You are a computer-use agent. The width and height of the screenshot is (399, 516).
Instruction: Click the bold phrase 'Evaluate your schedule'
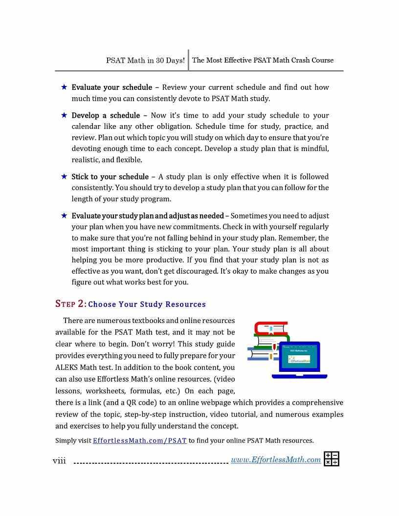tap(111, 87)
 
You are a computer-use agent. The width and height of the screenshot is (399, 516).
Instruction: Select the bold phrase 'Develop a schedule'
tap(106, 115)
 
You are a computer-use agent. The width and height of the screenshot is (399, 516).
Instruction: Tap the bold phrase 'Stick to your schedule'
tap(110, 176)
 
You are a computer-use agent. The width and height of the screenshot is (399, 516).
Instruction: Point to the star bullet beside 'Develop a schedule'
tap(64, 115)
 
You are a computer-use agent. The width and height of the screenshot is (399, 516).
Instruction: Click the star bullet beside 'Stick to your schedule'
tap(64, 176)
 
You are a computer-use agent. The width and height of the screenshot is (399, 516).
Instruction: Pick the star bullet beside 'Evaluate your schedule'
tap(64, 87)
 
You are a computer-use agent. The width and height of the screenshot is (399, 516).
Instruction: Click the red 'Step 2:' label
tap(71, 304)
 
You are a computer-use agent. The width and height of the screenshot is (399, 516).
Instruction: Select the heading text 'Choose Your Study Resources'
tap(147, 304)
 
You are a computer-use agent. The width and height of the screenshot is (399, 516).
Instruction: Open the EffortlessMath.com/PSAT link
tap(140, 440)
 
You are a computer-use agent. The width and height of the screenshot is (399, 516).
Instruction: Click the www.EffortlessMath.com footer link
tap(276, 460)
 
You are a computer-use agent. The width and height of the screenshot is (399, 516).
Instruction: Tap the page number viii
tap(59, 460)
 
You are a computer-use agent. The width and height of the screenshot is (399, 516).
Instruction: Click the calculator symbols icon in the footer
tap(332, 459)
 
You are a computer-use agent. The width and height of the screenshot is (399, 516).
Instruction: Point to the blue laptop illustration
tap(299, 360)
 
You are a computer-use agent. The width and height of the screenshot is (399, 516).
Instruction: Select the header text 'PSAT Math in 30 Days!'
tap(145, 61)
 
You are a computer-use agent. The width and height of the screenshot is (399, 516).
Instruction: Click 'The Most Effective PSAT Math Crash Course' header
tap(263, 61)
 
